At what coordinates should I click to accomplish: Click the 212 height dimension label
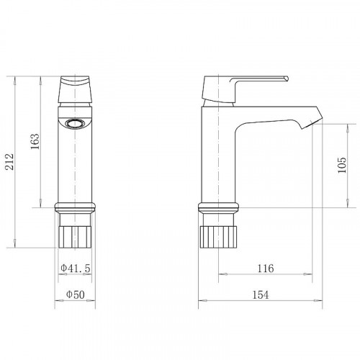(9, 162)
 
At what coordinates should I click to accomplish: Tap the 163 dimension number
(35, 141)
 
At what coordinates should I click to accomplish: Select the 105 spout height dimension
(342, 165)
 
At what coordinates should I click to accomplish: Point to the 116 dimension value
(266, 268)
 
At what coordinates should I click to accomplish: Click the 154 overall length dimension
(261, 294)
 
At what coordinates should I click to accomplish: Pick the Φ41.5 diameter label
(76, 268)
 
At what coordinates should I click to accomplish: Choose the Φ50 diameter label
(76, 294)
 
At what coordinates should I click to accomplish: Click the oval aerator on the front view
(75, 124)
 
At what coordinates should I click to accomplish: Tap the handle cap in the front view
(75, 89)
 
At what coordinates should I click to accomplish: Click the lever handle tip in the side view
(286, 78)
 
